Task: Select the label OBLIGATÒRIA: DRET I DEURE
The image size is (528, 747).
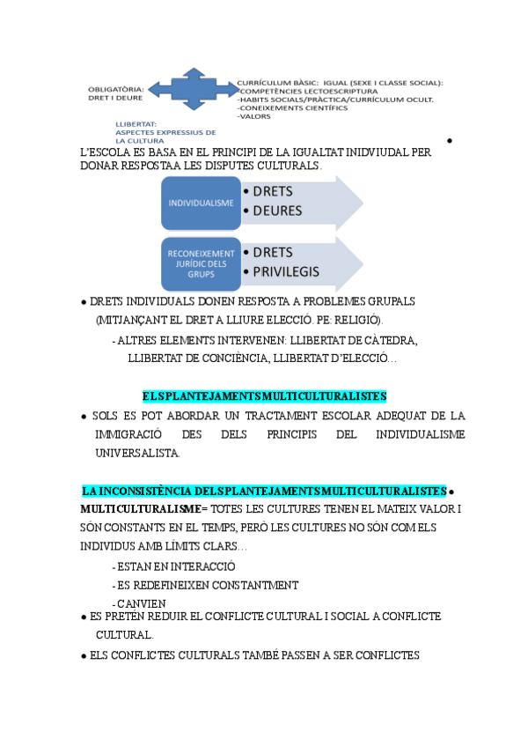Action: [116, 92]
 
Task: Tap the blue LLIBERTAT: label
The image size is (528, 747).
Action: [136, 124]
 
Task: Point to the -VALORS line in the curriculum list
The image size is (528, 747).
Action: [254, 115]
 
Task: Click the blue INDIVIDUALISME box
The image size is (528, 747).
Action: [199, 203]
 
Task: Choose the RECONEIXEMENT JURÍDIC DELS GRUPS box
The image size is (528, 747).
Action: [201, 263]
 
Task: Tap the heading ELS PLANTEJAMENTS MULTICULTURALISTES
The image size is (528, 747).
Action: [264, 396]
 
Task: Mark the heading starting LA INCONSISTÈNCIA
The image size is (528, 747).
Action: [264, 491]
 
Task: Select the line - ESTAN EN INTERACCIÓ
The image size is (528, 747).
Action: [173, 566]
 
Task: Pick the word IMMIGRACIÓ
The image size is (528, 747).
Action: [129, 434]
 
